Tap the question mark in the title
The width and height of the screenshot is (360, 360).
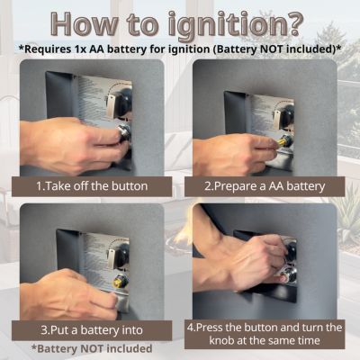(x=293, y=23)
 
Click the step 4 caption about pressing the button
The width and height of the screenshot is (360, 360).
(x=265, y=333)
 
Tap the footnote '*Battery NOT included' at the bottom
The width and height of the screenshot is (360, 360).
(x=92, y=348)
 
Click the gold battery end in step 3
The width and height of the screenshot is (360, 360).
(x=116, y=282)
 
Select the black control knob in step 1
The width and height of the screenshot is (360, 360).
(x=123, y=103)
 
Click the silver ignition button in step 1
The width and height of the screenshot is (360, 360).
(x=123, y=132)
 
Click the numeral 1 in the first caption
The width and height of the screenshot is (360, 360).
(x=39, y=186)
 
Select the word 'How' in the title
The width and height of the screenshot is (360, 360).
(x=83, y=23)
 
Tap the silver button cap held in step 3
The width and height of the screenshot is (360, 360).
(x=120, y=302)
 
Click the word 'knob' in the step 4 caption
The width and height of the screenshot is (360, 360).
(x=221, y=340)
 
